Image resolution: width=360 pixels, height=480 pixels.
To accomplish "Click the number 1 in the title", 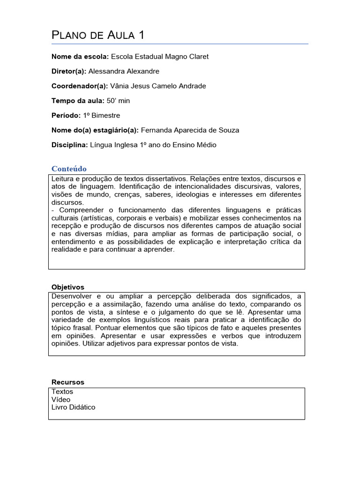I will (x=141, y=35).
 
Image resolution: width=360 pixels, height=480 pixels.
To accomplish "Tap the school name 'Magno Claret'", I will (x=187, y=56).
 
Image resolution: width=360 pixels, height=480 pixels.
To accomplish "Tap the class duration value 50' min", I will (x=119, y=101).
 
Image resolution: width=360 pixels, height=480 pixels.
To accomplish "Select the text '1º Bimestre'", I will (x=101, y=115).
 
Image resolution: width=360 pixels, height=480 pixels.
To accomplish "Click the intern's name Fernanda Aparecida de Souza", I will (x=190, y=130).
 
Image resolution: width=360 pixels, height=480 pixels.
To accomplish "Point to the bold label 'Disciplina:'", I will (x=69, y=145).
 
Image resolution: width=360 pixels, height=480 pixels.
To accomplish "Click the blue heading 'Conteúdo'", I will (x=69, y=169).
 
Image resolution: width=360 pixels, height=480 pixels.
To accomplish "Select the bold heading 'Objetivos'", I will (x=67, y=287).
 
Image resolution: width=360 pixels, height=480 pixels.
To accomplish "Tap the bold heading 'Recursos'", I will (x=67, y=382).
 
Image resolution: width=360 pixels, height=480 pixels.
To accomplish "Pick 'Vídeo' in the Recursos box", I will (x=61, y=399).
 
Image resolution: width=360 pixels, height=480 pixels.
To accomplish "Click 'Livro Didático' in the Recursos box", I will (x=73, y=407).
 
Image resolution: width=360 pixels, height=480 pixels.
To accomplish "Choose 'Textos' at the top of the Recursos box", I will (x=62, y=391).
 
